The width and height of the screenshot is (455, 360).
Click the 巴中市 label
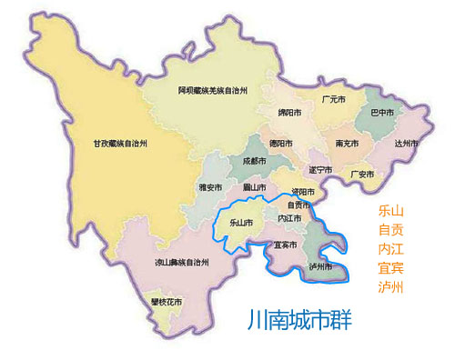pos(382,113)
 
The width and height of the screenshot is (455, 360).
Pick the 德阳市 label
pos(282,143)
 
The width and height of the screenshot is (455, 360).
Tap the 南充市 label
pos(347,143)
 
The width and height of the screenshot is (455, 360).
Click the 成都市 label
pos(255,161)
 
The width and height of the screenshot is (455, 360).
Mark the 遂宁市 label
pos(321,169)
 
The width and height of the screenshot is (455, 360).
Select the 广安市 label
pos(362,174)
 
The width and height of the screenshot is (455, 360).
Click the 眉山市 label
pos(254,188)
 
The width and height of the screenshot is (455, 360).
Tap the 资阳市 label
pos(303,192)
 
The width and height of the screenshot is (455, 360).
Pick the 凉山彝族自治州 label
pos(181,262)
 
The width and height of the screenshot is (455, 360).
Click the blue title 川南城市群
pos(299,321)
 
